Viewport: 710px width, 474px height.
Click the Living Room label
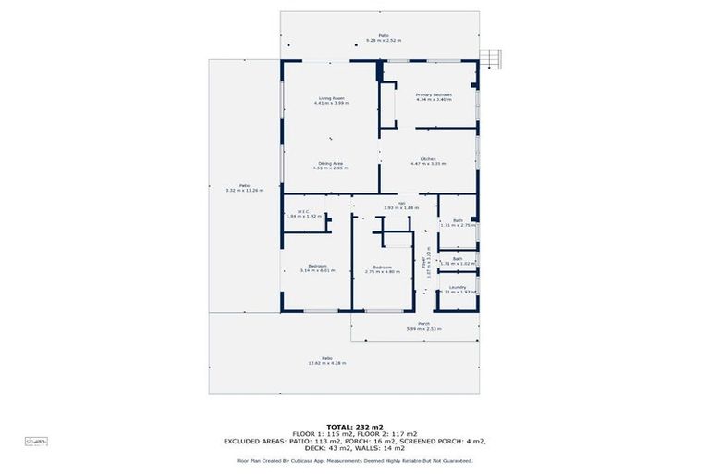331,98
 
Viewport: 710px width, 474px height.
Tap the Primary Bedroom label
433,94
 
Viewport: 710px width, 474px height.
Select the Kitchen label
428,159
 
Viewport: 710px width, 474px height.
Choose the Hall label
402,204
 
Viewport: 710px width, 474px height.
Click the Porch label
423,323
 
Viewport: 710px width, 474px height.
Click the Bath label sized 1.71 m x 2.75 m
458,220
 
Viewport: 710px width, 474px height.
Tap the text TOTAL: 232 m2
354,425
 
